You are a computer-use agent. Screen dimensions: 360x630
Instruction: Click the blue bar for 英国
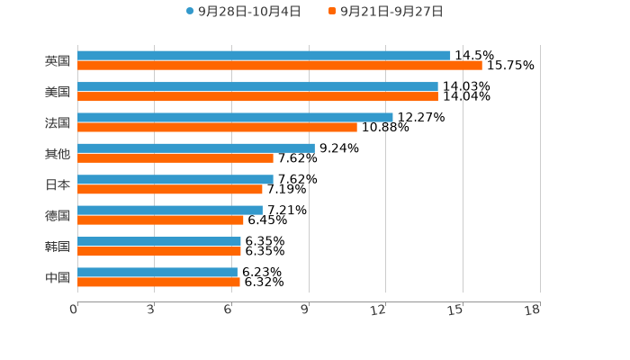click(264, 56)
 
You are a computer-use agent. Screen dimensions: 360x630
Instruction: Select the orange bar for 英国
click(279, 66)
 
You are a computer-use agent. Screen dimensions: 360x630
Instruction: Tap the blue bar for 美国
click(257, 86)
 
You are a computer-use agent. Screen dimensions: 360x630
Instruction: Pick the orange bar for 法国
click(217, 127)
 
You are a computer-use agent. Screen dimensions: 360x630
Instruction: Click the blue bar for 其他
click(195, 148)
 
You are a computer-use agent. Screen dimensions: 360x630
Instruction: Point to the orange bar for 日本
click(170, 189)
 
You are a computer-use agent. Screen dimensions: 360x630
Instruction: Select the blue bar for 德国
click(170, 210)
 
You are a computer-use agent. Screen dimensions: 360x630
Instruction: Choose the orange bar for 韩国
click(159, 251)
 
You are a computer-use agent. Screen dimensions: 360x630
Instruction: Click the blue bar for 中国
click(157, 272)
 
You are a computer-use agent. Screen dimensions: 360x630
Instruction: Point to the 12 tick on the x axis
click(379, 310)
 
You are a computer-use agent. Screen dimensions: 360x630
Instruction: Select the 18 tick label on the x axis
click(533, 310)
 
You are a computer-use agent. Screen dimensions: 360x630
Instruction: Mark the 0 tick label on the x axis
click(74, 310)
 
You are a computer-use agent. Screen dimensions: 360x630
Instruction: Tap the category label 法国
click(58, 122)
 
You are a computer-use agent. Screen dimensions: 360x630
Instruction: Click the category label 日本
click(58, 184)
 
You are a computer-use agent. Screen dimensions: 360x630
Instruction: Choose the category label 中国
click(58, 277)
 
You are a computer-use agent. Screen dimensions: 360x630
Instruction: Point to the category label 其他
click(58, 153)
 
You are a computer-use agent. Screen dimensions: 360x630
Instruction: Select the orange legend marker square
click(332, 12)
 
